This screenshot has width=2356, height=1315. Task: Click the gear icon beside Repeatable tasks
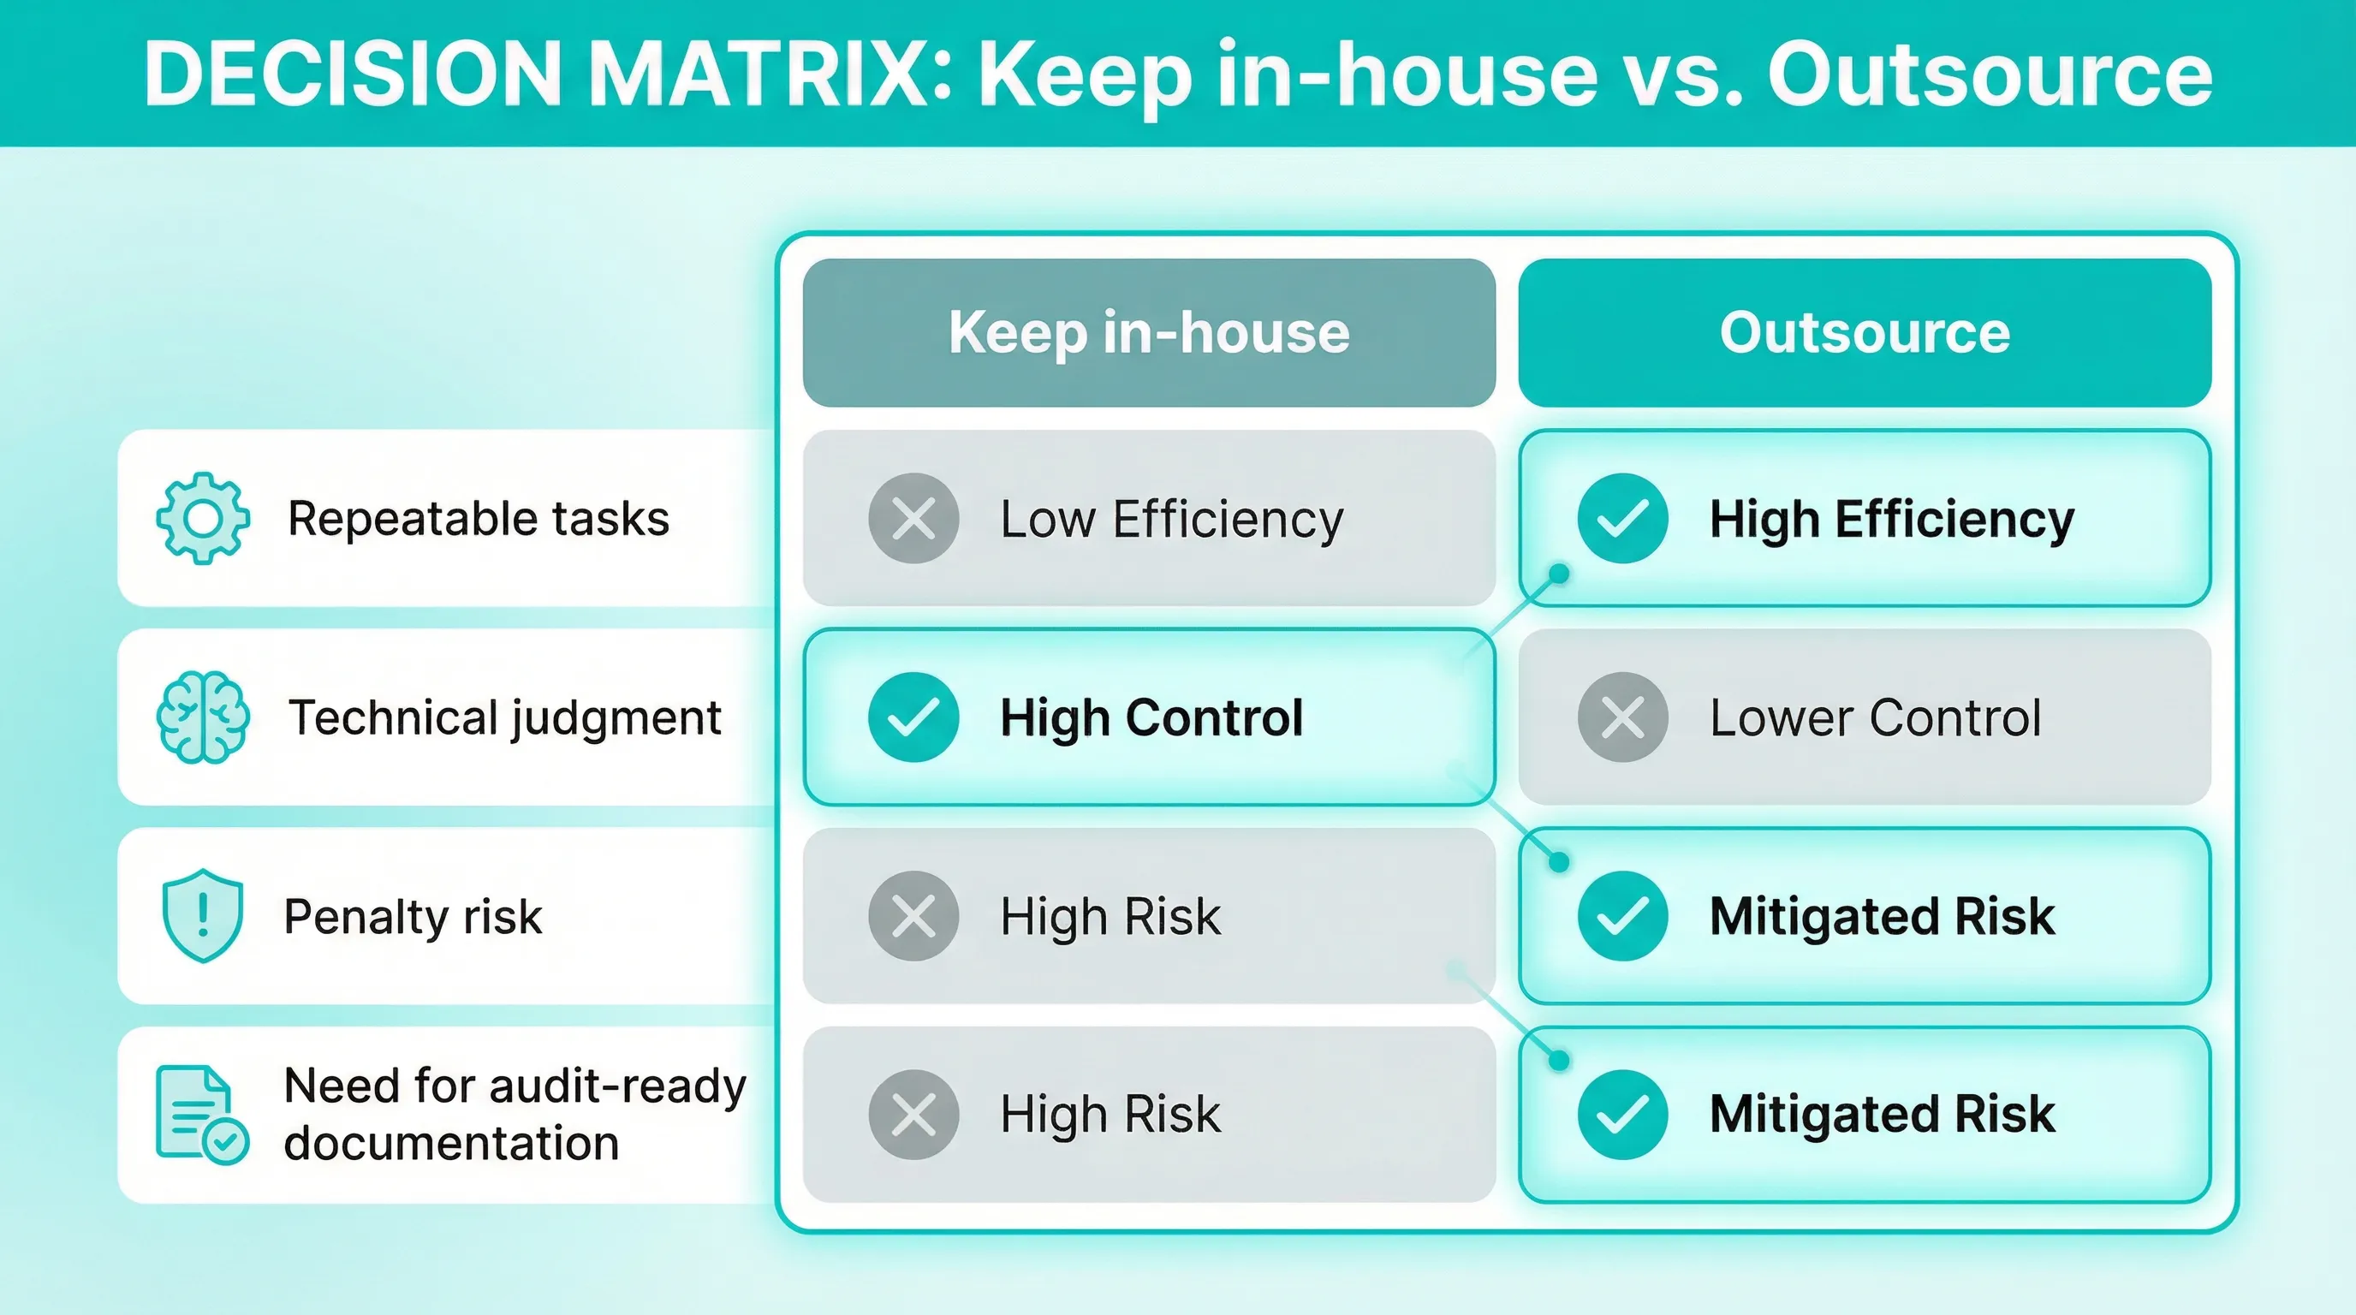coord(202,519)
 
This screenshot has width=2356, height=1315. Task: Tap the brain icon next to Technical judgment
coord(202,717)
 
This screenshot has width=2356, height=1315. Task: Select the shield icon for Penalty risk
coord(202,915)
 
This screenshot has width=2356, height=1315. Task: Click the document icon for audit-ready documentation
coord(201,1115)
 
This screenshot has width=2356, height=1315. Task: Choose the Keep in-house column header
coord(1149,333)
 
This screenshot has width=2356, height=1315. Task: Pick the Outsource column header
coord(1865,333)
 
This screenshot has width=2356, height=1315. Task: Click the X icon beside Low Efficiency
coord(913,519)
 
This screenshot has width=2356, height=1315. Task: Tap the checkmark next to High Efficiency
coord(1622,519)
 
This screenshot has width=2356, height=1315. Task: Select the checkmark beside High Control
coord(913,717)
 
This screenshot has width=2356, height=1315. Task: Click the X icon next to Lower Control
coord(1622,717)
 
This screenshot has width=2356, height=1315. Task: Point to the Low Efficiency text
coord(1172,521)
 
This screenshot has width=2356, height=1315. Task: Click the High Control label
coord(1151,717)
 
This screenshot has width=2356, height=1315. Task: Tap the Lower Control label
coord(1875,717)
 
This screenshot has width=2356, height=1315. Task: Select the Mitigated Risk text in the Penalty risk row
coord(1883,917)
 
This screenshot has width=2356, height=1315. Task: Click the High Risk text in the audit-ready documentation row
coord(1110,1115)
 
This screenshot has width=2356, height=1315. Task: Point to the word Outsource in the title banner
coord(1990,74)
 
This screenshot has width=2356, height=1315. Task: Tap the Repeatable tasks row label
coord(479,519)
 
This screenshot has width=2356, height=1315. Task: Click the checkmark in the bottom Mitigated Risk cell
coord(1622,1115)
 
